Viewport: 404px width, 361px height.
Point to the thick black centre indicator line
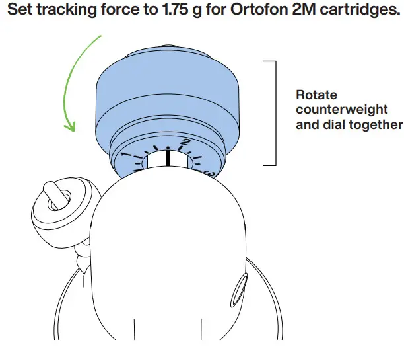[168, 158]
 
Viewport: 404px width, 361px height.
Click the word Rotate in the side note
[316, 95]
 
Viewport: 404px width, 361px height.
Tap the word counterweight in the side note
[341, 109]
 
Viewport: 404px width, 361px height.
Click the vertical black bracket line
[275, 112]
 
